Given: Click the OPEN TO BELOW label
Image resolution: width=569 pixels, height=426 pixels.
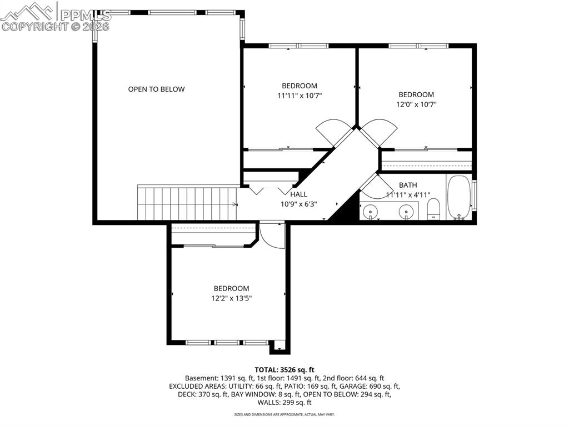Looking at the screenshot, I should pos(156,89).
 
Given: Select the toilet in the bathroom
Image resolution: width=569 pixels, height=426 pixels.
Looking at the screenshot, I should pos(433,209).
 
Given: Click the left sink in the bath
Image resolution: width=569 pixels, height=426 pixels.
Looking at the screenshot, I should pos(370,212).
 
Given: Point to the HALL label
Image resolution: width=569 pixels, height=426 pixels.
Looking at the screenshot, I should pos(298,194).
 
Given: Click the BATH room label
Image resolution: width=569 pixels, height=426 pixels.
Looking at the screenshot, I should pos(408,185).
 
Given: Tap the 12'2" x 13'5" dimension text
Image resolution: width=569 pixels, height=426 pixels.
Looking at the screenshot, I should pos(232,298).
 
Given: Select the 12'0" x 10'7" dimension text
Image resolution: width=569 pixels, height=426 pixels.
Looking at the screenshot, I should pos(416,104).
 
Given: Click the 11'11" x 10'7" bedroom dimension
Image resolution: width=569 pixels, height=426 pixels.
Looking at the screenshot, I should pos(300,95).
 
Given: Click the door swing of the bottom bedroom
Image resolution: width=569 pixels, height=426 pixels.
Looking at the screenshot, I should pos(271,235).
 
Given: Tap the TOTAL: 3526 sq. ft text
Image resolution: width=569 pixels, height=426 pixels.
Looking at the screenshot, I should pos(284,369).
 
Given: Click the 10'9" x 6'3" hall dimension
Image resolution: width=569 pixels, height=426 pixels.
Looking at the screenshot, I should pos(298,204).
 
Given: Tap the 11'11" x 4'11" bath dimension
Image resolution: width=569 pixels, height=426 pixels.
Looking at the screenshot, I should pos(408,195).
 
